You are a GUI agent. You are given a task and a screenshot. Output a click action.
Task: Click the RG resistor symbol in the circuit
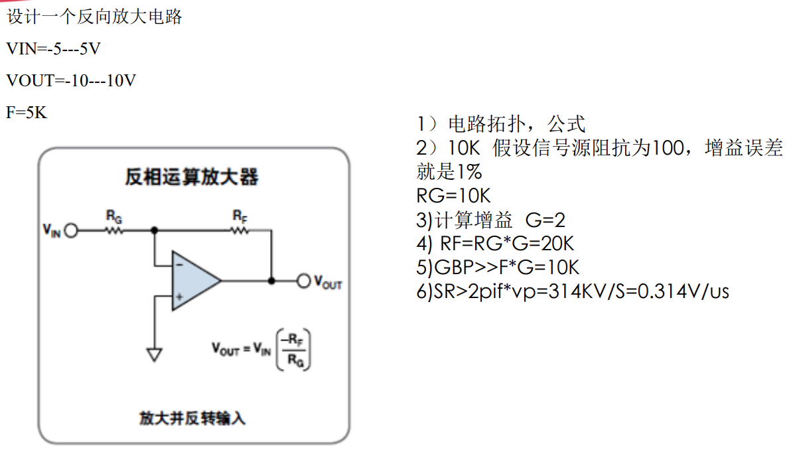114,231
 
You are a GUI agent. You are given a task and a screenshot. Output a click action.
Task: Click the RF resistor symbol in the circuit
240,231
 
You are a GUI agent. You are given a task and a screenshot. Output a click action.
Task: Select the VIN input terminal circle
71,231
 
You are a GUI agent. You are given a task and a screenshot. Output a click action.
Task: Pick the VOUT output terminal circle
304,281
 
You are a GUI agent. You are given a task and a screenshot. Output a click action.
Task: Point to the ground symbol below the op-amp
155,354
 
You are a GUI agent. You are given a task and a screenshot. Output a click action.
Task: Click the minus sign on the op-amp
179,265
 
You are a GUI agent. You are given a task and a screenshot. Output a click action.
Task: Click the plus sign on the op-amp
179,296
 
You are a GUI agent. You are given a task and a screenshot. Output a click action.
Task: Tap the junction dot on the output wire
271,281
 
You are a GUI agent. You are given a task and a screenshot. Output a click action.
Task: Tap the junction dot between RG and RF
155,231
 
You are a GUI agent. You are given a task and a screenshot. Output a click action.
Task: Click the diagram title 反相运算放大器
192,177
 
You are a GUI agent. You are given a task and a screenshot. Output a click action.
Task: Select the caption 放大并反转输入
192,418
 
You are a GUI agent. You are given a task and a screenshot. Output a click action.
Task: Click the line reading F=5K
27,112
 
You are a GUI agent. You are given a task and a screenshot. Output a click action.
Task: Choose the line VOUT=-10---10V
71,80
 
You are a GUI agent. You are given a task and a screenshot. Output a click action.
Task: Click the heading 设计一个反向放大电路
94,17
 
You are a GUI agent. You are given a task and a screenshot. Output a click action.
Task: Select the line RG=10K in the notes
453,196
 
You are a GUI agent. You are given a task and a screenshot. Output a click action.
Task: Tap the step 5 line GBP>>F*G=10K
498,268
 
